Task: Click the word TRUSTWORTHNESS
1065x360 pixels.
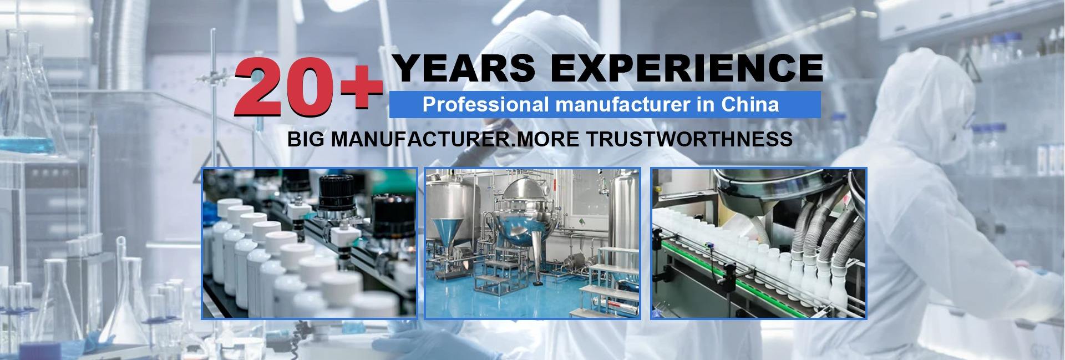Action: click(687, 139)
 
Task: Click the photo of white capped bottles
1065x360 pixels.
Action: click(309, 243)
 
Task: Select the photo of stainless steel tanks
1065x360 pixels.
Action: click(532, 243)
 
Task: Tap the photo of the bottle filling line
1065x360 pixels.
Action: click(758, 243)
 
